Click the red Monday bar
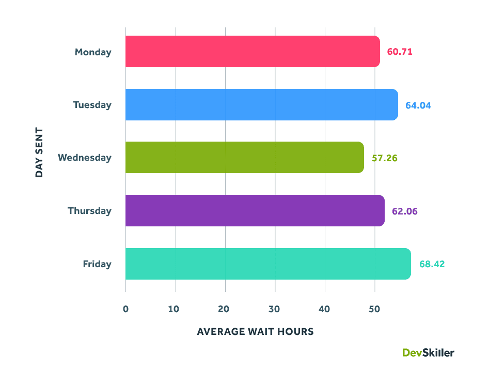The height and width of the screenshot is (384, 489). tap(253, 52)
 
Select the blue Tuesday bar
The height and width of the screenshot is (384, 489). tap(261, 105)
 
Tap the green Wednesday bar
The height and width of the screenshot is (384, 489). tap(244, 158)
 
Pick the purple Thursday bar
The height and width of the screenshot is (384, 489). tap(255, 211)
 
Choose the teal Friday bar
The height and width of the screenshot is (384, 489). tap(268, 264)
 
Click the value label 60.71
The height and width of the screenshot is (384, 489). tap(400, 52)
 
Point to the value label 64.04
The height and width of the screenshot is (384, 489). tap(418, 105)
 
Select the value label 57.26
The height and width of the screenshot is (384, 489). tap(384, 158)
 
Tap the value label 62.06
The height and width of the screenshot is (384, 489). tap(404, 211)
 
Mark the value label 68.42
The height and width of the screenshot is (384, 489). tap(432, 264)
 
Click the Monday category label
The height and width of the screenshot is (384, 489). tap(93, 52)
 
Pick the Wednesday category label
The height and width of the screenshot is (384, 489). tap(85, 158)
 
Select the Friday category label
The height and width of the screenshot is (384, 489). tap(97, 264)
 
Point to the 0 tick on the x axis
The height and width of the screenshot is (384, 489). tap(125, 309)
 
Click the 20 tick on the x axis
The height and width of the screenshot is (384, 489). tap(225, 309)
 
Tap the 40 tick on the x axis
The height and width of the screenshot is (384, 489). tap(325, 309)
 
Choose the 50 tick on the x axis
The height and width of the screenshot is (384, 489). tap(374, 309)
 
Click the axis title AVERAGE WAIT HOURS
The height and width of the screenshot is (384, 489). tap(255, 332)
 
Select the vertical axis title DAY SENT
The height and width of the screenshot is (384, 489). tap(39, 153)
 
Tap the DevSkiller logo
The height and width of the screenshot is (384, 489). tap(428, 352)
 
